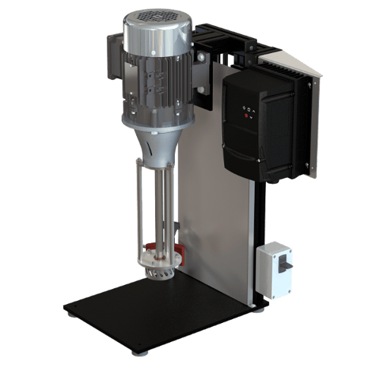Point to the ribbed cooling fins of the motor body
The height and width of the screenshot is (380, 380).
coord(152,84)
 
